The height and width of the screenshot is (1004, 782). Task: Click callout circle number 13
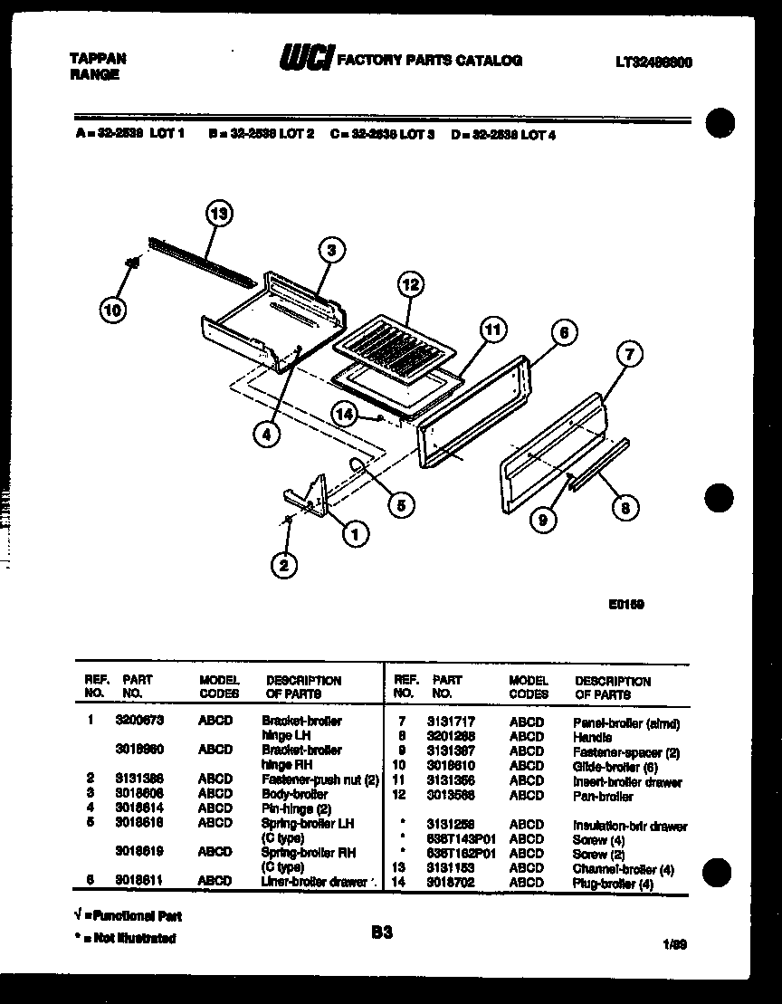[x=217, y=215]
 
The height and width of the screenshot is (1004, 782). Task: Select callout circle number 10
[x=113, y=310]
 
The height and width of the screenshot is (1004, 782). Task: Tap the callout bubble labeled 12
[x=410, y=284]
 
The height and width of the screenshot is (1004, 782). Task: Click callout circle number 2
[x=284, y=566]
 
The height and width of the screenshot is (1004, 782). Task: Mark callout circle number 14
[x=344, y=414]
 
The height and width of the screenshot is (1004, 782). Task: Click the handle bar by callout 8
[x=597, y=464]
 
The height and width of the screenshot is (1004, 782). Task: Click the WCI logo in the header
[x=305, y=60]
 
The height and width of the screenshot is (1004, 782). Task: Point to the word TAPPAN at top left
[x=98, y=58]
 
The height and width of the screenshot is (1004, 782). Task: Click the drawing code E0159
[x=625, y=604]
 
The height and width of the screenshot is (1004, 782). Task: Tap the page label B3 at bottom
[x=382, y=931]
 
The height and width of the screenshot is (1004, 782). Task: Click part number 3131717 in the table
[x=448, y=722]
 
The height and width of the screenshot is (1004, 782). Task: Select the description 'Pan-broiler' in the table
[x=603, y=797]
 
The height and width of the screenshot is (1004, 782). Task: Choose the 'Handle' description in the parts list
[x=593, y=738]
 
